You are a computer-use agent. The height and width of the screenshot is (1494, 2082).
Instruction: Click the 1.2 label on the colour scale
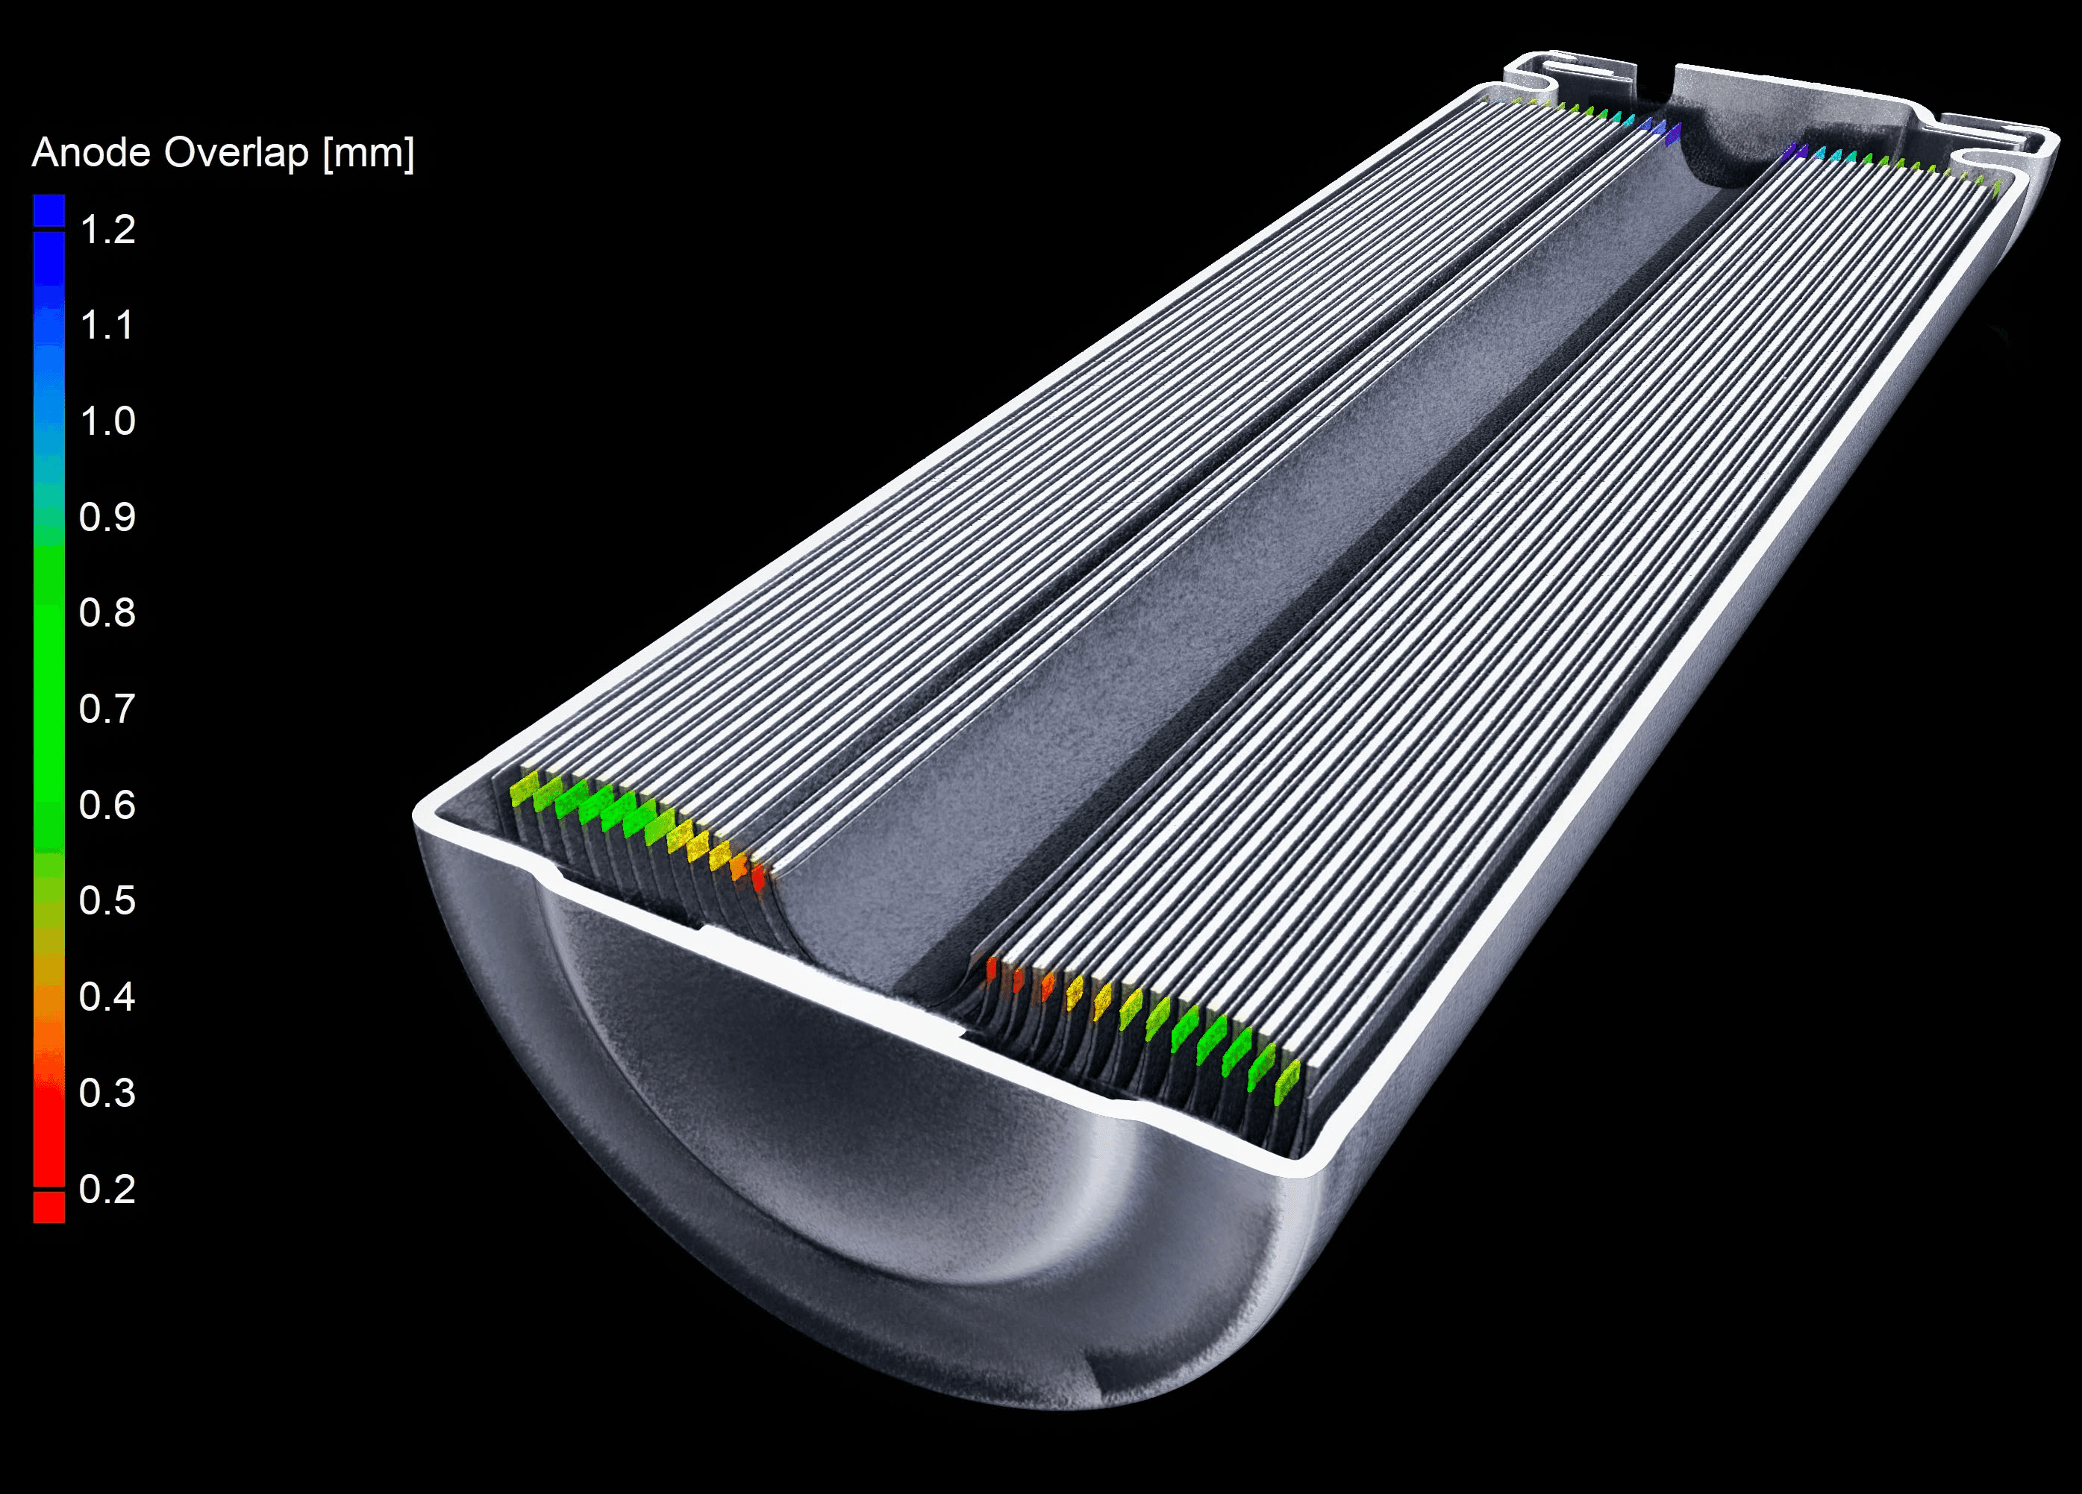[107, 230]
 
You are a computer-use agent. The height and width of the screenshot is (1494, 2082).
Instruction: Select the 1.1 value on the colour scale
[107, 325]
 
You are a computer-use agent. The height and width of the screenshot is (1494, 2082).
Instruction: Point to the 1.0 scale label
[107, 421]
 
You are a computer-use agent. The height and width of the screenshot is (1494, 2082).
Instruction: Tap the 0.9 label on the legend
[107, 518]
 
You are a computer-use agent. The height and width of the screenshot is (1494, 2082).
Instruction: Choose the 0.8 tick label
[107, 613]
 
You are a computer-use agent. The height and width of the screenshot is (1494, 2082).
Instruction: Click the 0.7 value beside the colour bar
[107, 709]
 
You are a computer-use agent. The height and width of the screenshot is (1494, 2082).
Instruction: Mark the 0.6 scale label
[107, 806]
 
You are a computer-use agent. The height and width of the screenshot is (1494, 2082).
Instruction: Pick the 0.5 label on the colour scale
[107, 901]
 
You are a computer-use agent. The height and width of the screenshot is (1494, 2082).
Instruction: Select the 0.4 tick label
[107, 997]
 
